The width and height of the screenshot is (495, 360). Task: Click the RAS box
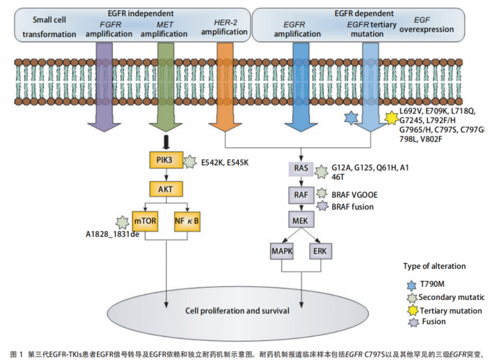click(x=301, y=168)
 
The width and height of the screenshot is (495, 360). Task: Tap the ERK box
click(x=321, y=251)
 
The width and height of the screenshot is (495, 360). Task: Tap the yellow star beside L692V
click(x=391, y=118)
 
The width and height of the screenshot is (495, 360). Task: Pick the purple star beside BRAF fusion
click(x=322, y=205)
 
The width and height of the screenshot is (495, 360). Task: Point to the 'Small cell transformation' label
click(x=49, y=28)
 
